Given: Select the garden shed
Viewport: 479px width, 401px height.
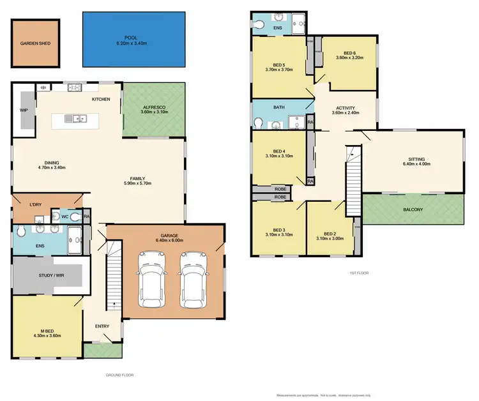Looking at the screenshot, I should (x=34, y=44).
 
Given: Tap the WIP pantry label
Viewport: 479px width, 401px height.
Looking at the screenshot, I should (x=24, y=110).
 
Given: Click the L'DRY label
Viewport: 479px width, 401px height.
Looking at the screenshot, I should (x=36, y=204).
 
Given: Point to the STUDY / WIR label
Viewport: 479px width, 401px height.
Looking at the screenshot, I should (x=49, y=275).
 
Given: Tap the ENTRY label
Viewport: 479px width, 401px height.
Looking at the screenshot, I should (x=102, y=326).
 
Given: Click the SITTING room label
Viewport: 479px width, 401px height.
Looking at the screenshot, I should (x=416, y=159).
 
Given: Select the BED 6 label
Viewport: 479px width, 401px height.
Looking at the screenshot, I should (x=349, y=53).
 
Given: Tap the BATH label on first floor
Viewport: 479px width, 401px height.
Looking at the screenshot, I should (x=278, y=107).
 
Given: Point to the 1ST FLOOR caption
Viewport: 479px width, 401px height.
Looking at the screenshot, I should (x=358, y=273).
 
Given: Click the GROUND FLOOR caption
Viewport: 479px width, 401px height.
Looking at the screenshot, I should (x=119, y=375).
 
